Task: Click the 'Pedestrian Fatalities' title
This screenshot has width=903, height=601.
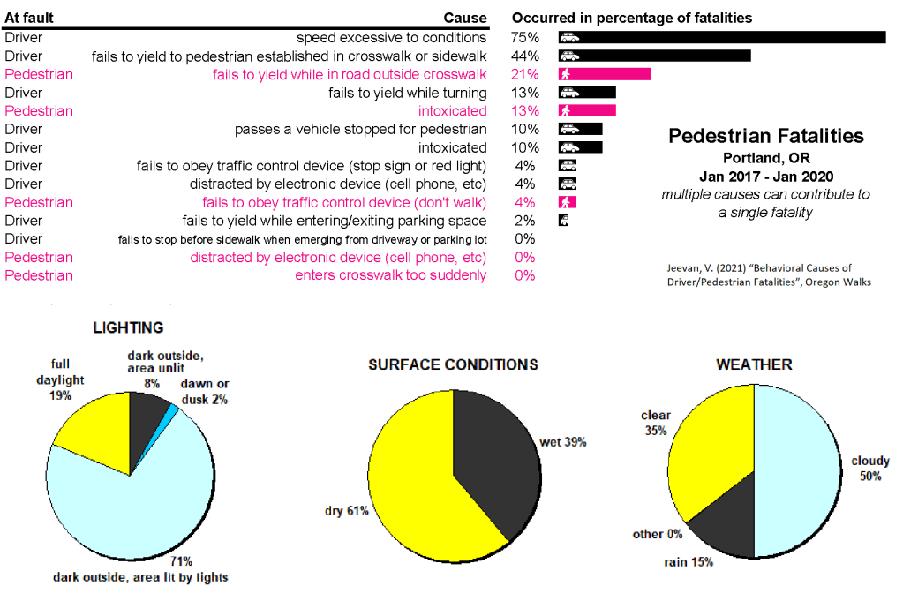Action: pos(766,136)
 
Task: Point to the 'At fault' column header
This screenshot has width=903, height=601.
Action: pos(29,18)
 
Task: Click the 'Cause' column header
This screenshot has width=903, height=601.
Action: pos(464,18)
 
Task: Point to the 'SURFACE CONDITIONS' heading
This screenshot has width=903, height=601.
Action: pos(453,364)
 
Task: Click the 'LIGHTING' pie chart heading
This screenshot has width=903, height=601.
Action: pos(128,327)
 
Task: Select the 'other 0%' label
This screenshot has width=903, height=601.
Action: pos(657,534)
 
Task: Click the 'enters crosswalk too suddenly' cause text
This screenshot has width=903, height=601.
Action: pos(390,275)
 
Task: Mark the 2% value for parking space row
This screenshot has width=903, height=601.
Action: pos(524,221)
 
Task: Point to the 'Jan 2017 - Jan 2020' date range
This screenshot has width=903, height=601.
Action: pos(765,176)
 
